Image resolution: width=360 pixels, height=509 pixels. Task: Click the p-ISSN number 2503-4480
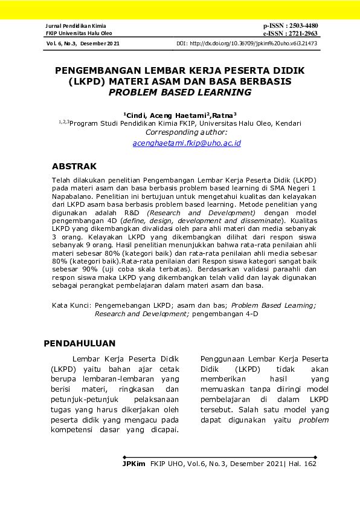(x=300, y=26)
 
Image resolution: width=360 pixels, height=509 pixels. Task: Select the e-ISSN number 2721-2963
(x=300, y=33)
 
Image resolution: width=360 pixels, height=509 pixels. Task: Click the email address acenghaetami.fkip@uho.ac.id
(x=187, y=143)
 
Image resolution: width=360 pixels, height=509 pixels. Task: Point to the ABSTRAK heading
(x=74, y=166)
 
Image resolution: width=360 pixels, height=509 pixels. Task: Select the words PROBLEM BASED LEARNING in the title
(x=179, y=92)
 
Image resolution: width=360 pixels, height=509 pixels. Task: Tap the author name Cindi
(x=135, y=114)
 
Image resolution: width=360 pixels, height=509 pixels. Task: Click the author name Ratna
(x=223, y=114)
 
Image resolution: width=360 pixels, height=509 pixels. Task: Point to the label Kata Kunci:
(x=71, y=306)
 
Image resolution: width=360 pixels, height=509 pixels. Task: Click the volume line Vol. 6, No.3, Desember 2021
(x=83, y=44)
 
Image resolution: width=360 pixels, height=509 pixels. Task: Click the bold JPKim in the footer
(x=133, y=464)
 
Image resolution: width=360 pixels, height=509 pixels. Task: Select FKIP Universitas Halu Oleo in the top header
(x=74, y=33)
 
